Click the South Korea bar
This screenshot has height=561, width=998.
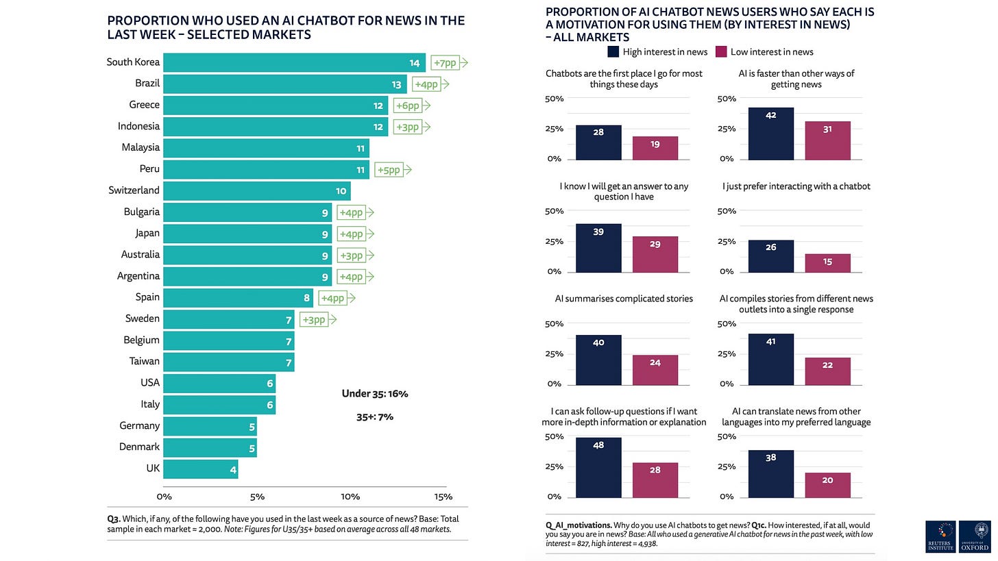[294, 63]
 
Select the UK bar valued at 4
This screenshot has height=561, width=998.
[200, 469]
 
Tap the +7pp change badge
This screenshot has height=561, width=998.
[449, 63]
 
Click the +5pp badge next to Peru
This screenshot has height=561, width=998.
[393, 170]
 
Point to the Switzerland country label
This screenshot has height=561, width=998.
[134, 190]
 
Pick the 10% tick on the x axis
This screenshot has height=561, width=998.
[350, 497]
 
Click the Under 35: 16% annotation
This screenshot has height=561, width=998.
[375, 394]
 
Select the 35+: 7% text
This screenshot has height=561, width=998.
[375, 416]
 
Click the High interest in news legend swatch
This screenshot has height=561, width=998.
[613, 51]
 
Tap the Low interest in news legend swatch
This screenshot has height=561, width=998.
[721, 51]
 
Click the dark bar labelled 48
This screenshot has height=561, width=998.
[598, 467]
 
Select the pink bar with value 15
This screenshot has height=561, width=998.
[827, 263]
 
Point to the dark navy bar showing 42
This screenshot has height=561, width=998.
[770, 134]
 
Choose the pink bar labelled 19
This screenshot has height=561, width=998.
[655, 148]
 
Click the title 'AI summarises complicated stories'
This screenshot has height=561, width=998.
[624, 299]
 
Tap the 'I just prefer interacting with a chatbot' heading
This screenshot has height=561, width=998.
[796, 186]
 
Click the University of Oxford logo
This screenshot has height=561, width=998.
[975, 536]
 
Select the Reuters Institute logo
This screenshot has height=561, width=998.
[940, 536]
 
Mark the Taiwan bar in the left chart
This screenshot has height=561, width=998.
[228, 362]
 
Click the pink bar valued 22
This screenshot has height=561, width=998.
[827, 371]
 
